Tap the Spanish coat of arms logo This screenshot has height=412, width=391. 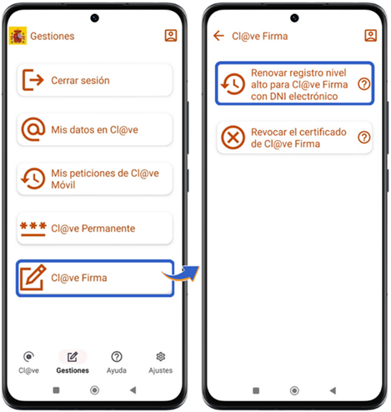18,36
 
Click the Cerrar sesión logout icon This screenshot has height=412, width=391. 33,80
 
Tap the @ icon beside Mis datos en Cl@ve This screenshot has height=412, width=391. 33,129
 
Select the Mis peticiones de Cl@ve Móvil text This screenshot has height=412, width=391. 105,179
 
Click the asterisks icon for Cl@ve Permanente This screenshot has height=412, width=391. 33,229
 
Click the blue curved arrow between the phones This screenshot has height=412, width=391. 182,274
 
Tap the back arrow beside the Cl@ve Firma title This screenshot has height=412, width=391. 218,36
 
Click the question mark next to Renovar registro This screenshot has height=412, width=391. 363,84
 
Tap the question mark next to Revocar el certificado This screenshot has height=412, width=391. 363,138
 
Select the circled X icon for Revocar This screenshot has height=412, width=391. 233,138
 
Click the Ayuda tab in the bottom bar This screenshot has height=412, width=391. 117,363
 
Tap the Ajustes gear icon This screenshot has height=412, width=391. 160,356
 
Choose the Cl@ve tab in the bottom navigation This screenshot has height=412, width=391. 28,363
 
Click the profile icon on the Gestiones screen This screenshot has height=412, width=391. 171,36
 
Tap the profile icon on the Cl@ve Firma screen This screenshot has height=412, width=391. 370,36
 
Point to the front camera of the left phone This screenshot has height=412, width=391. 94,18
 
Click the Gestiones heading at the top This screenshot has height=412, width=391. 53,36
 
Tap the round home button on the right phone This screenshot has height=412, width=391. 294,390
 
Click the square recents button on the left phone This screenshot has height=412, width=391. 56,390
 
